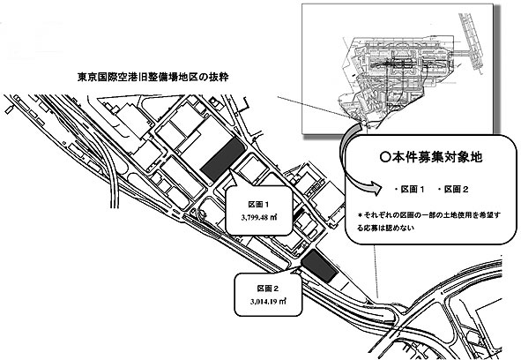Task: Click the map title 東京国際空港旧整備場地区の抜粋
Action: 153,77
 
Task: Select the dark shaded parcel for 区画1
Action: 223,160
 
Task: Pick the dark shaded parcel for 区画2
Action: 319,266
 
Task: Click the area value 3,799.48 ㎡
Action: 259,218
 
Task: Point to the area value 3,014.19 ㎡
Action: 268,302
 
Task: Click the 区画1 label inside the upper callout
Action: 258,204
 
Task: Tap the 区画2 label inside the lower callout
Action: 268,289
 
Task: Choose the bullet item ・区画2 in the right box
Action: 453,190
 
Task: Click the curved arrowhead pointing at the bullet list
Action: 376,189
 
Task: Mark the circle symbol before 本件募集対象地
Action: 385,157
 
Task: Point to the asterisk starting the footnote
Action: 360,215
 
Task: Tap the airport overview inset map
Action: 397,68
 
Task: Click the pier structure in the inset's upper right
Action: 470,43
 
